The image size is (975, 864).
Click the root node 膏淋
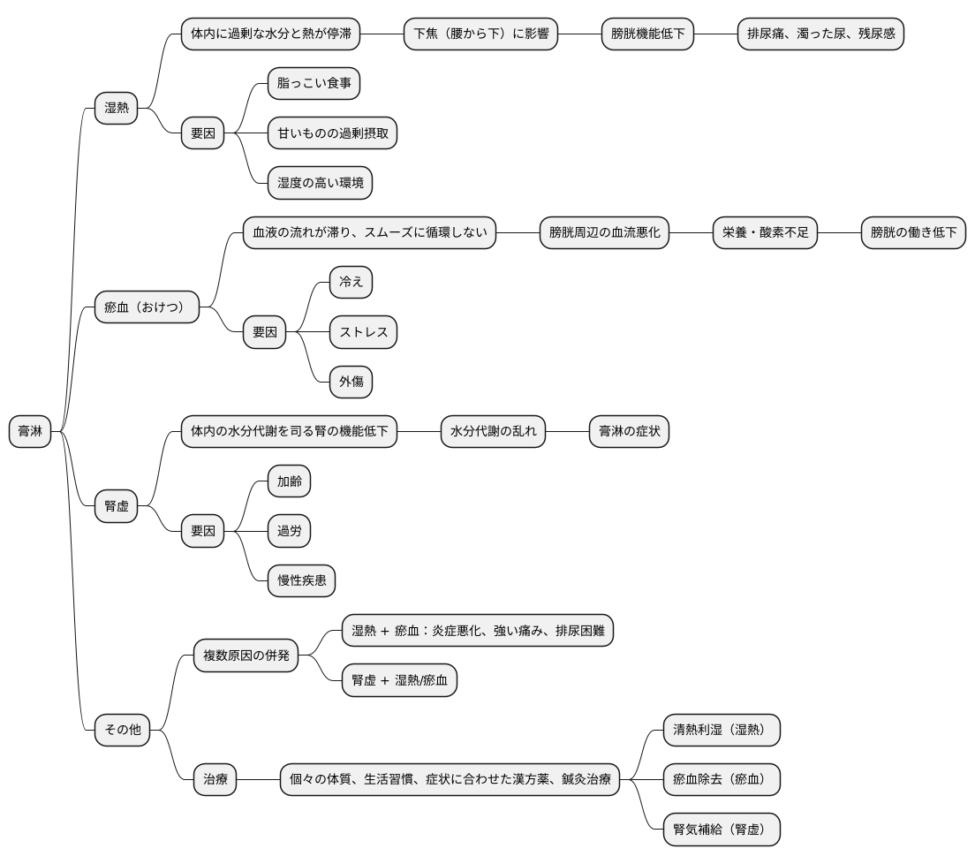[30, 431]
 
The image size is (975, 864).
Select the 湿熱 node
[117, 109]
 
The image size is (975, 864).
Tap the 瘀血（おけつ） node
[147, 307]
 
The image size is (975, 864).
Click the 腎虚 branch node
[117, 506]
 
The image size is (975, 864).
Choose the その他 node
[123, 730]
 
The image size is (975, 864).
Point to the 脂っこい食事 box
[314, 83]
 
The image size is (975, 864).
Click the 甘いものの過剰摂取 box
[333, 133]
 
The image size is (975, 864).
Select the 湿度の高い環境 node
[321, 183]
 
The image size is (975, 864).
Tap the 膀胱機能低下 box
[647, 34]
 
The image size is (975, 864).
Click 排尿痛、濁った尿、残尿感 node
[820, 34]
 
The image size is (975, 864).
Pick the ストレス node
[364, 332]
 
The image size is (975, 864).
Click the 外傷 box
[351, 382]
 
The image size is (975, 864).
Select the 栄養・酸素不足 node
[765, 232]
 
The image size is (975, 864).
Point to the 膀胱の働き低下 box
[913, 232]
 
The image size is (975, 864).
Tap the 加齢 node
[289, 481]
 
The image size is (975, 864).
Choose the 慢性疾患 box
[301, 581]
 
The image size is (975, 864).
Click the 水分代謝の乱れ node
[493, 431]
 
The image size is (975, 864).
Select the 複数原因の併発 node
[246, 656]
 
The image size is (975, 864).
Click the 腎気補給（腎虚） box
[722, 830]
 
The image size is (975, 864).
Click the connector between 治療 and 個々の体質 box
[259, 779]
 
